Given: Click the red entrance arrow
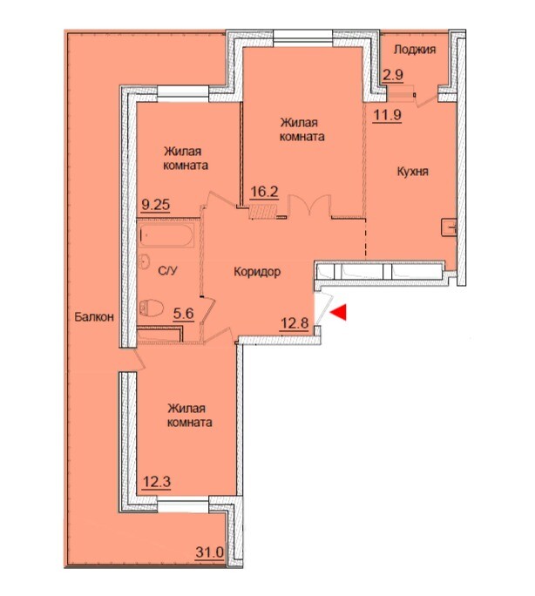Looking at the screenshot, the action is point(339,313).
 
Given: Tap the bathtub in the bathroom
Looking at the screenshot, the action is point(166,235).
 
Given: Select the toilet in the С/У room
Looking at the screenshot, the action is point(151,308).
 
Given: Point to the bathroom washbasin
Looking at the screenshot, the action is point(145,261).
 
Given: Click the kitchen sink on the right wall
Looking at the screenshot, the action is point(449,228).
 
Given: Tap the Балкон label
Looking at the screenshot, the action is point(94,316).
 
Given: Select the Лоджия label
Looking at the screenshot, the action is point(415,50).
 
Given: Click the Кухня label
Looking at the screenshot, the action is point(413,172).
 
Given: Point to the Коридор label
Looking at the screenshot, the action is point(257,272).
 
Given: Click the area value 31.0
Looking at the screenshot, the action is point(210,563).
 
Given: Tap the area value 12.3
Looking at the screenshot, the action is point(157,482).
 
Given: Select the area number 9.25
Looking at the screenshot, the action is point(156,206).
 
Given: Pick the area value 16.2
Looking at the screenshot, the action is point(265,192).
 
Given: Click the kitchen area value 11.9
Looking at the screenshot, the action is point(387,114).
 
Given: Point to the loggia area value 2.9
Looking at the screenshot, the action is point(393,75).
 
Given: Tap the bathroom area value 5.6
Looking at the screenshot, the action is point(184,314).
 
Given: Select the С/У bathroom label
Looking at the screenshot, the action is point(167,271).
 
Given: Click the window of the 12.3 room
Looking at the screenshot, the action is point(183,505).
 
